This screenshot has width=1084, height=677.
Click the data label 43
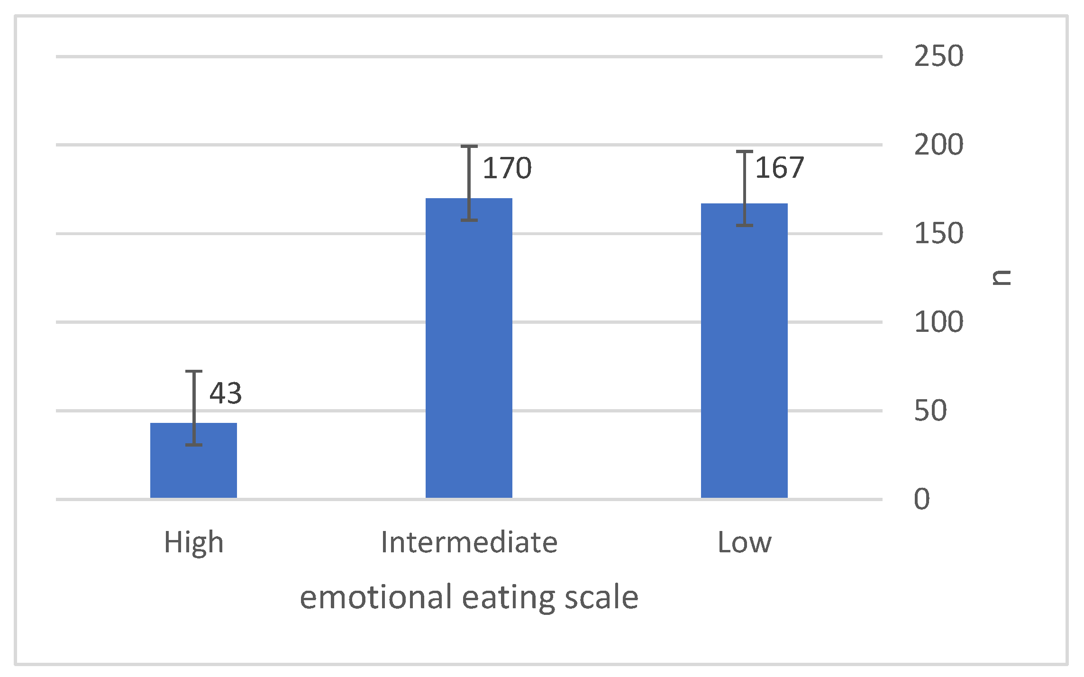pyautogui.click(x=226, y=393)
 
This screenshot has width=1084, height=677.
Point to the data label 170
pyautogui.click(x=507, y=168)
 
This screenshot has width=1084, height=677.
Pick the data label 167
pyautogui.click(x=779, y=168)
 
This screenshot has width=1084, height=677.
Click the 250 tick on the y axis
pyautogui.click(x=938, y=56)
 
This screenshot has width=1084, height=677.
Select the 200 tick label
pyautogui.click(x=938, y=145)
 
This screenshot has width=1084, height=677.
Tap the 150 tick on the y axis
pyautogui.click(x=938, y=234)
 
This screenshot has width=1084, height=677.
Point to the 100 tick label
pyautogui.click(x=938, y=322)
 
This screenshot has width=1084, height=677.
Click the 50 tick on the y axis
pyautogui.click(x=930, y=411)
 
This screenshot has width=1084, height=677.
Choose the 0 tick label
pyautogui.click(x=921, y=499)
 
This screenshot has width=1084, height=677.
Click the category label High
pyautogui.click(x=193, y=542)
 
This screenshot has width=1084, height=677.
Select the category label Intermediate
pyautogui.click(x=469, y=542)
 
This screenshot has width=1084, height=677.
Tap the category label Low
pyautogui.click(x=744, y=542)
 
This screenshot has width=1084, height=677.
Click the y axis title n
pyautogui.click(x=1002, y=277)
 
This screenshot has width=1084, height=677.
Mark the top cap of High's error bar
pyautogui.click(x=193, y=371)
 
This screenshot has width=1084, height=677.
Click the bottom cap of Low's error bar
pyautogui.click(x=744, y=226)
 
